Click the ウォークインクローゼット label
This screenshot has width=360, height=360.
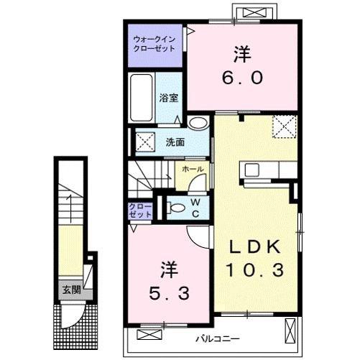pyautogui.click(x=154, y=44)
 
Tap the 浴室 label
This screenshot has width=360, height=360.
pyautogui.click(x=169, y=98)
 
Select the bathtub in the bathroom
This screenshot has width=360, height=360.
pyautogui.click(x=142, y=98)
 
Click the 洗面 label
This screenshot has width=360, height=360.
pyautogui.click(x=175, y=142)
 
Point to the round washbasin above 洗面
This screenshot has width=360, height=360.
pyautogui.click(x=198, y=123)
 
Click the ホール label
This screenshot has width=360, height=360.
pyautogui.click(x=193, y=170)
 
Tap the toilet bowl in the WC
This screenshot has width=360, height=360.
pyautogui.click(x=176, y=208)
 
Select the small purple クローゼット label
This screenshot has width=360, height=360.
pyautogui.click(x=140, y=211)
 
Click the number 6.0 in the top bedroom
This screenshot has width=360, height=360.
pyautogui.click(x=242, y=78)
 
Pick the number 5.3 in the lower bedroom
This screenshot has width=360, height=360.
pyautogui.click(x=170, y=293)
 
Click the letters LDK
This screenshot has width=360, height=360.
pyautogui.click(x=255, y=246)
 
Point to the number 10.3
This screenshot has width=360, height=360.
pyautogui.click(x=255, y=269)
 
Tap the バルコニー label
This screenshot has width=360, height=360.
pyautogui.click(x=218, y=339)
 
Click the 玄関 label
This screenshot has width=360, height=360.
pyautogui.click(x=71, y=290)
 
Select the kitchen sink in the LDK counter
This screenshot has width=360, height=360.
pyautogui.click(x=251, y=170)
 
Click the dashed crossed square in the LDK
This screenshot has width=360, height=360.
pyautogui.click(x=285, y=126)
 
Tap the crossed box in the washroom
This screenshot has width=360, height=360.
pyautogui.click(x=145, y=142)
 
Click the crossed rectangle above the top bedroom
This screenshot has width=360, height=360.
pyautogui.click(x=255, y=12)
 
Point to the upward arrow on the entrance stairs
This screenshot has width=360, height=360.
pyautogui.click(x=70, y=208)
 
